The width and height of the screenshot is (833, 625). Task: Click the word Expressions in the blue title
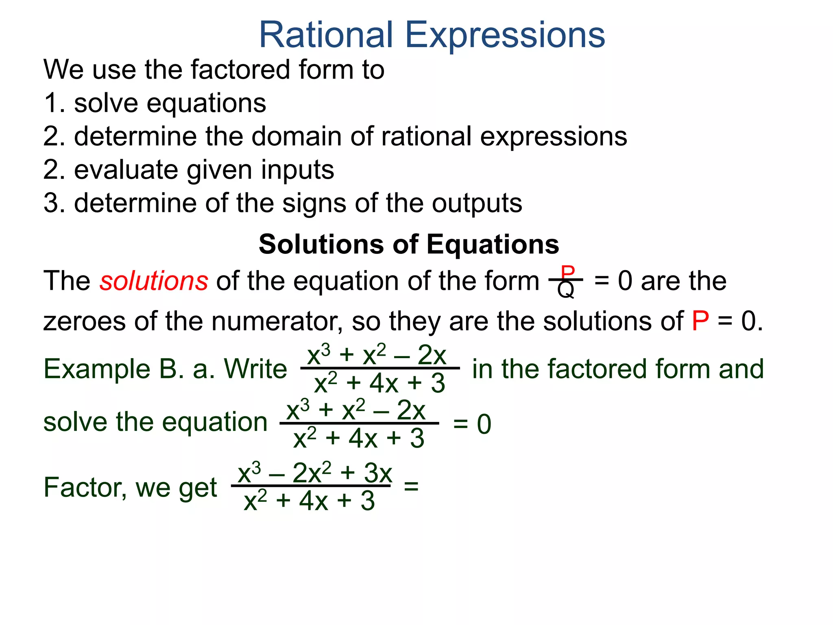coord(505,36)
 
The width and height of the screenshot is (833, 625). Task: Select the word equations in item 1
coord(206,103)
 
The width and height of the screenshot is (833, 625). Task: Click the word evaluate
coord(126,170)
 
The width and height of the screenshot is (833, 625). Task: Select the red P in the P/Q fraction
coord(567,271)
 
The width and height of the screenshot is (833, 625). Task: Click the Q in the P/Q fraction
coord(566,290)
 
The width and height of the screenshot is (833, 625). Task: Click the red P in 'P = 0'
coord(700,321)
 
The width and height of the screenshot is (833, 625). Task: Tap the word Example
coord(97,369)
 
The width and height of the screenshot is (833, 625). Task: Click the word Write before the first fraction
coord(255,369)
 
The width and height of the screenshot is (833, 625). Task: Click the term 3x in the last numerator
coord(378,473)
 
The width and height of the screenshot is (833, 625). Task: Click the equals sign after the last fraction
coord(411,485)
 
